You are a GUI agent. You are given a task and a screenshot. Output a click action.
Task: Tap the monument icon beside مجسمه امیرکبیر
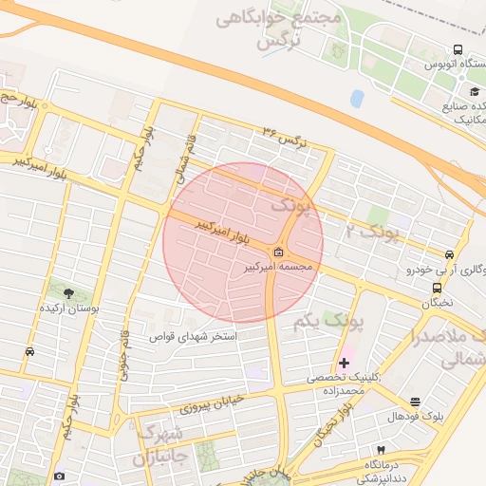pos(278,252)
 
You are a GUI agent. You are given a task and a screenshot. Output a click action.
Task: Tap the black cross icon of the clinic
pos(344,363)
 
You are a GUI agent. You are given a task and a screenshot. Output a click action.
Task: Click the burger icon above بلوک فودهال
pos(415,402)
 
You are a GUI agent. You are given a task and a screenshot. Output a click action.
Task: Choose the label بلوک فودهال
pos(415,417)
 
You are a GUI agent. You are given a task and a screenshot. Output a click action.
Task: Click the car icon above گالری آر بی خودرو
pos(448,254)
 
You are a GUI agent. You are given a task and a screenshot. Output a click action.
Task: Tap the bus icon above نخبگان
pos(437,288)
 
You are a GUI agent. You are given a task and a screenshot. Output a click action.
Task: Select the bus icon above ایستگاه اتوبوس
pos(458,49)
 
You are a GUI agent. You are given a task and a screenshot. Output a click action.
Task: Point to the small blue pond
pos(357,98)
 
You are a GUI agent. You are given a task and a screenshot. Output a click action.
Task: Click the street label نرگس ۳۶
pos(288,136)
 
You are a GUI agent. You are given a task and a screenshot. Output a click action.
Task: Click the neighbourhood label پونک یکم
pos(329,322)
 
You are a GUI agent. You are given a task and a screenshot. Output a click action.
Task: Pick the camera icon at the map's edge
pos(60,476)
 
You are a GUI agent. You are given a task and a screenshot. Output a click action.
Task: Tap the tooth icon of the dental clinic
pos(382,449)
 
